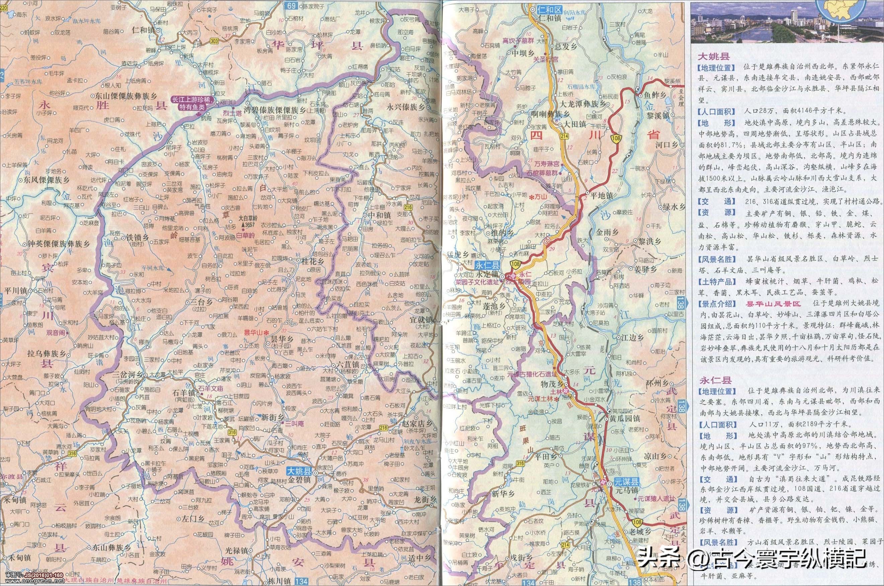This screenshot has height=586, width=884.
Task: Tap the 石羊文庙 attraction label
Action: point(211,388)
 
